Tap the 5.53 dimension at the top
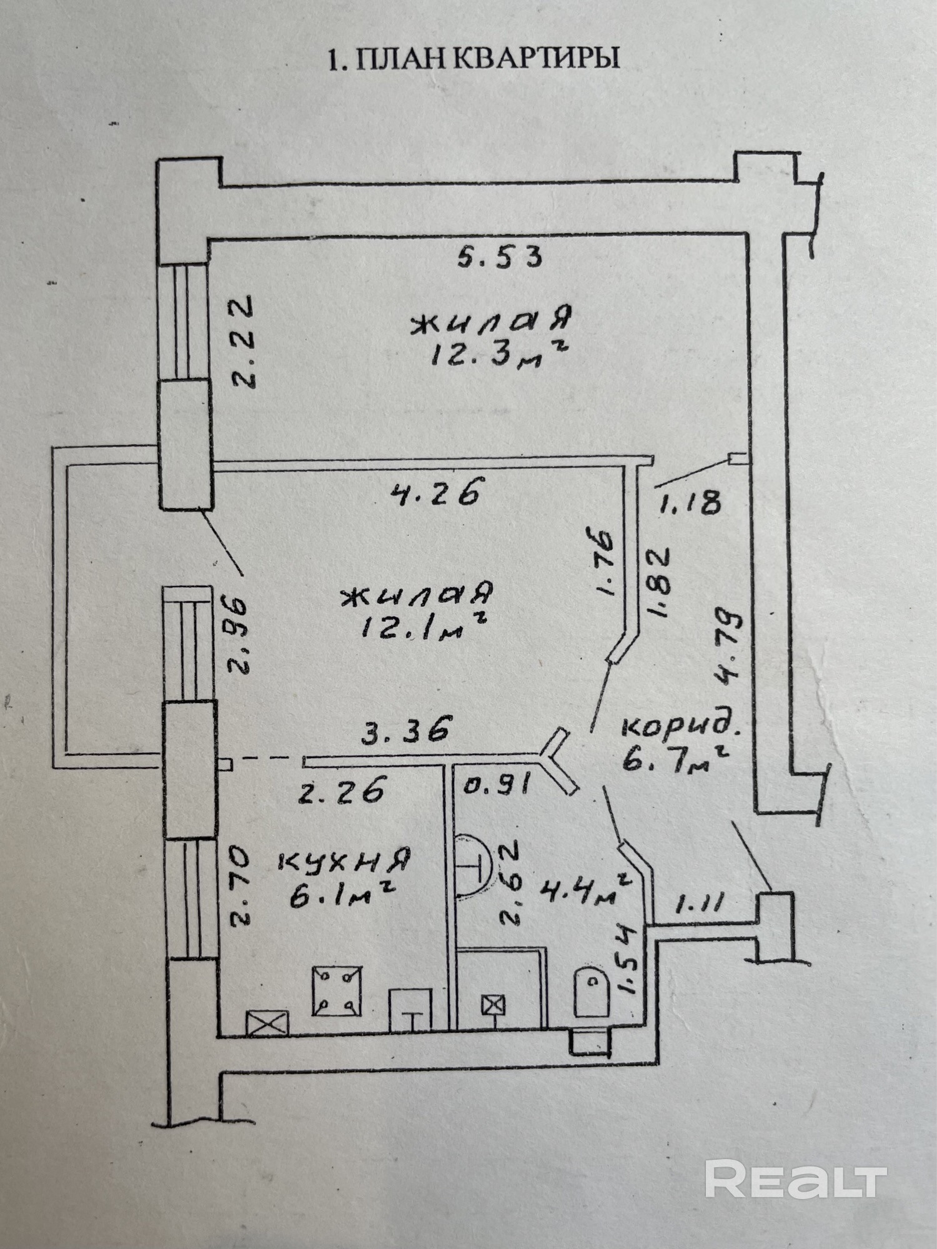499,257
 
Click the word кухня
344,861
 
